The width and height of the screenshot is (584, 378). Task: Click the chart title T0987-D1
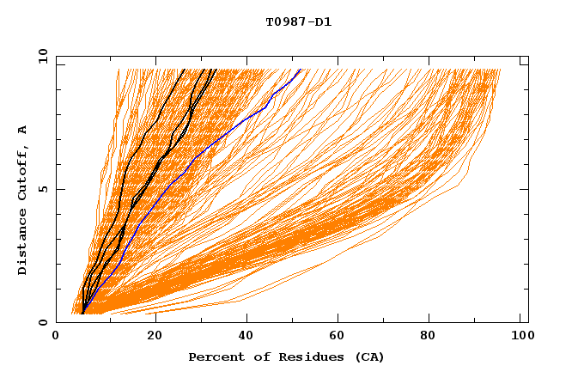click(298, 22)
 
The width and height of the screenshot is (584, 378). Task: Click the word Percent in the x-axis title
click(212, 357)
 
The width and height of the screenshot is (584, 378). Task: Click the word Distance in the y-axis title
click(23, 247)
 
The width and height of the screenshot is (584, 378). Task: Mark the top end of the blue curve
click(300, 70)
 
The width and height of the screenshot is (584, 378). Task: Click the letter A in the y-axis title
click(23, 129)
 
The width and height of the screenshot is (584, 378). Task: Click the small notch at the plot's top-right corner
click(524, 63)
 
